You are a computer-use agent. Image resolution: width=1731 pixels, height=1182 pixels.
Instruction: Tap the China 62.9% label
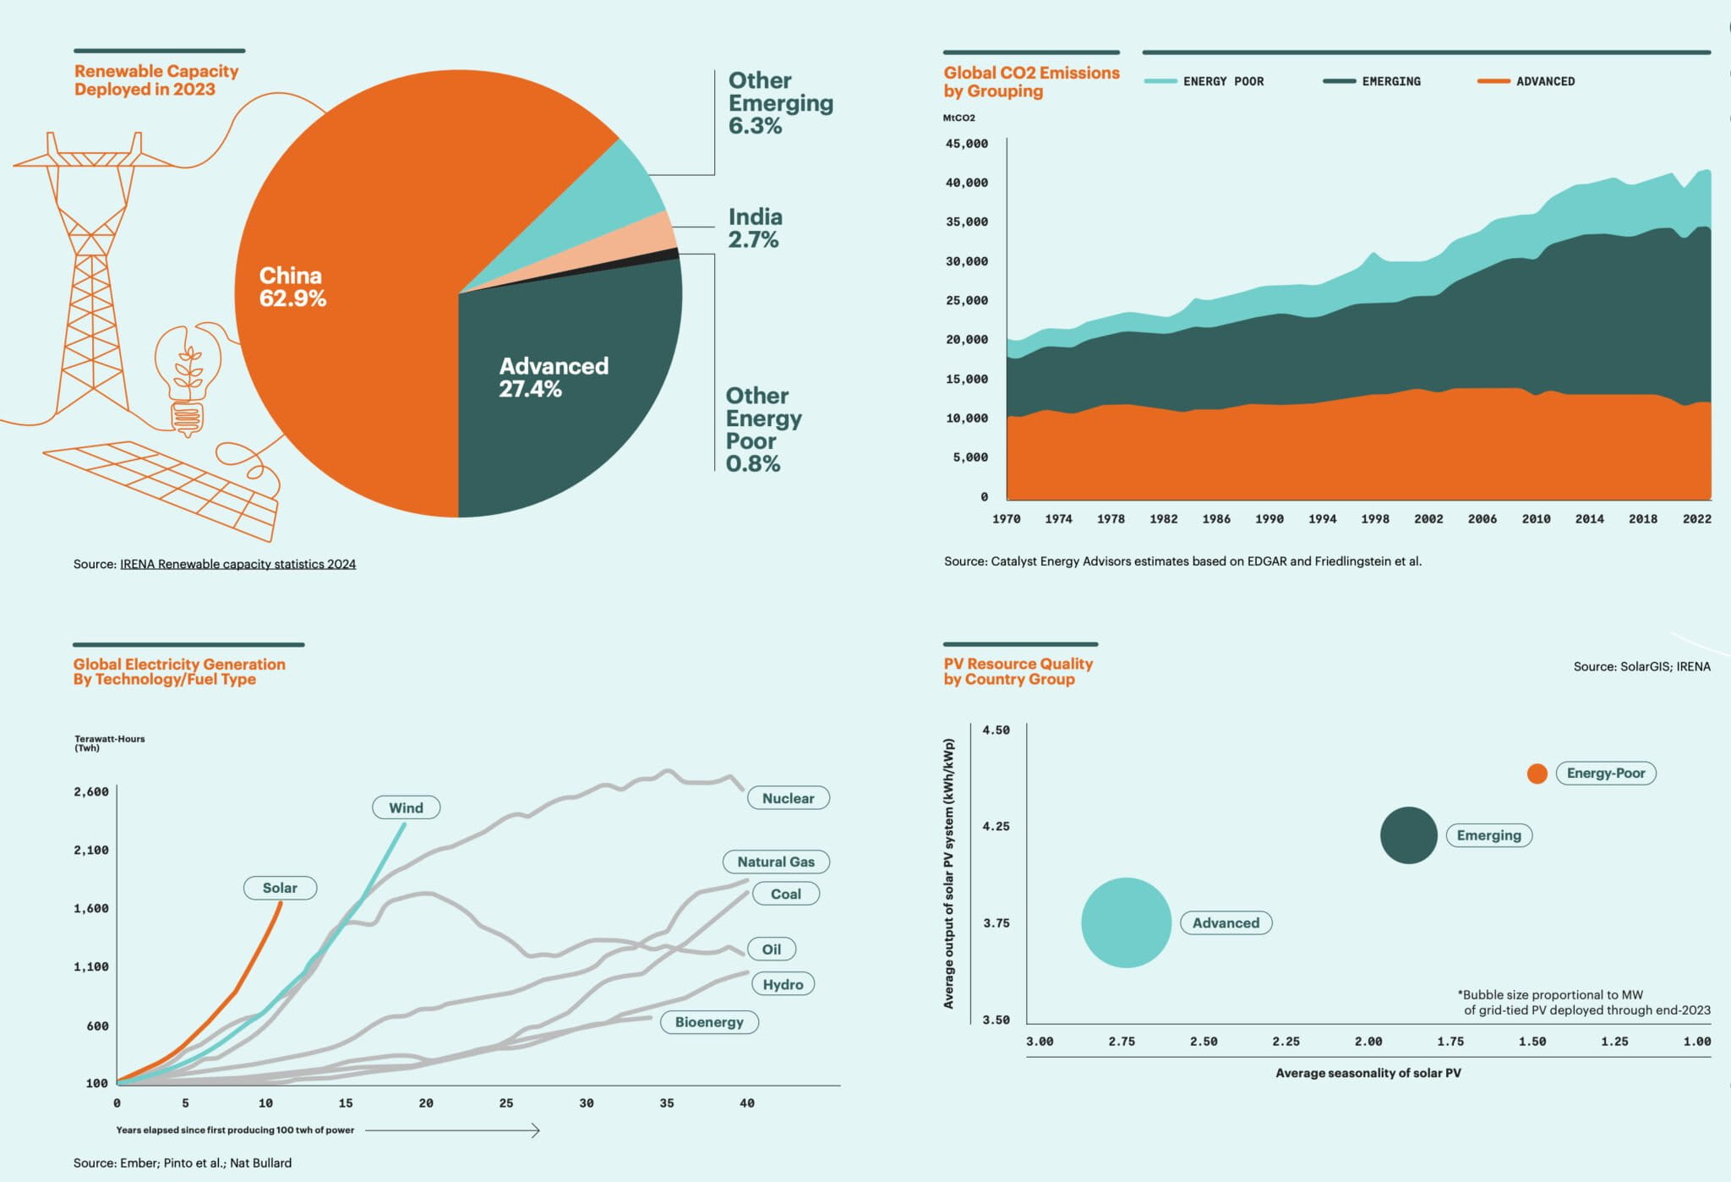pos(292,287)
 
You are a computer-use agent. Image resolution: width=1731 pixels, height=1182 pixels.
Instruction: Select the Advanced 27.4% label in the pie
pos(553,377)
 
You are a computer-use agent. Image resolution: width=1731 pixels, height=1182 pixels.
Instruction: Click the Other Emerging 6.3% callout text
pos(779,103)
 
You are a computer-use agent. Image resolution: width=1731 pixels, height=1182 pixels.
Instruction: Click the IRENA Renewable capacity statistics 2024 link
pos(238,564)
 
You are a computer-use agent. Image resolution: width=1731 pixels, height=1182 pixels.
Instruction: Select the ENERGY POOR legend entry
pos(1222,81)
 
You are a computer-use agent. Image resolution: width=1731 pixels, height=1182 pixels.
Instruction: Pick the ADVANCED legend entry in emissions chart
pos(1544,81)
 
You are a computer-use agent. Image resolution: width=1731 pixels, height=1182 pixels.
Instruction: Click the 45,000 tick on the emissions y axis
pos(966,144)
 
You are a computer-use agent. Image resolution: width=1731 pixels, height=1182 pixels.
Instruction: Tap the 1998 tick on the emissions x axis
pos(1374,519)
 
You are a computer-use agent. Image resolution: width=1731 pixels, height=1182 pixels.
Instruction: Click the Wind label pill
pos(406,807)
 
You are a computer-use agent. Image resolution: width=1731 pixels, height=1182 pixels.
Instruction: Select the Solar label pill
pos(280,888)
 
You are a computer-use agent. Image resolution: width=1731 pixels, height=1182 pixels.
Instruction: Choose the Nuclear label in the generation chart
pos(788,798)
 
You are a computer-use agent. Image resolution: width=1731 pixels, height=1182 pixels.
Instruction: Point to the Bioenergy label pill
pos(708,1022)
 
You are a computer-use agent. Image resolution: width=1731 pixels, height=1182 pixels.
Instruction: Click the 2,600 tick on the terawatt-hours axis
pos(91,792)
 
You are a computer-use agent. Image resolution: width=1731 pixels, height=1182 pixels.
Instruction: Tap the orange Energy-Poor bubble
pos(1537,773)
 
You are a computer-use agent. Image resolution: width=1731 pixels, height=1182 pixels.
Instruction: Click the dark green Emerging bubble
pos(1408,835)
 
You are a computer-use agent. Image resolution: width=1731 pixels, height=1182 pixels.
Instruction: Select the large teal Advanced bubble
pos(1126,922)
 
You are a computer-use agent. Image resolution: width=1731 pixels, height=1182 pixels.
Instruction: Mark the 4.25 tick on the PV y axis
pos(996,826)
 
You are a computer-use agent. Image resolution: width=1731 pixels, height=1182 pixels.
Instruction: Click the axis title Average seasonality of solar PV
pos(1368,1073)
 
